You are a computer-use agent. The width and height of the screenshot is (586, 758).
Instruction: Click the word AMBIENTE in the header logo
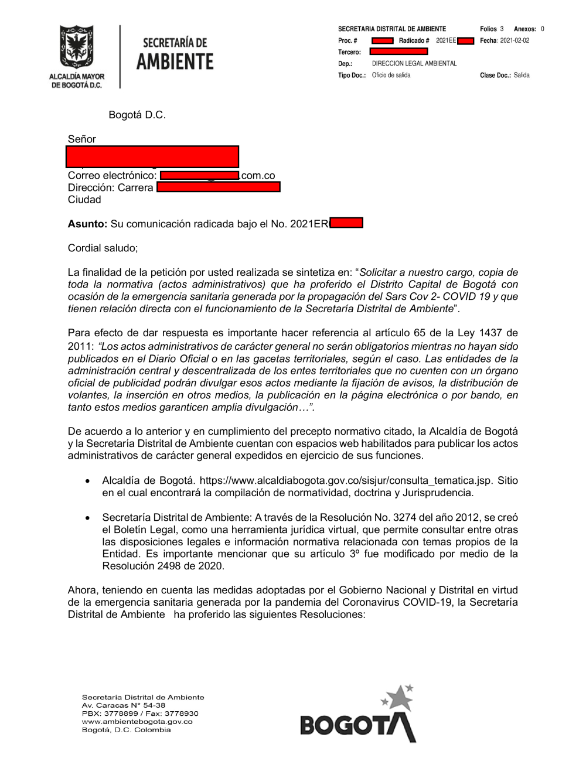[x=175, y=62]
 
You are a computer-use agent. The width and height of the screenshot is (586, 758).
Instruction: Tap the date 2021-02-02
[x=514, y=40]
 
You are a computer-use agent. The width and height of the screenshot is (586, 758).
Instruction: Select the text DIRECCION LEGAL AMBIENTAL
[x=414, y=63]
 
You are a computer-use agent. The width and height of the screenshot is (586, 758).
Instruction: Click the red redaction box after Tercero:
[x=398, y=52]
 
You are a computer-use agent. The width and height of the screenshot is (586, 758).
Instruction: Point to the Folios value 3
[x=502, y=29]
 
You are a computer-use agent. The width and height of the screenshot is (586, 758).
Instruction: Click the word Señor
[x=81, y=139]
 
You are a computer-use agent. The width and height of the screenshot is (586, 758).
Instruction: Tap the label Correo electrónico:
[x=112, y=176]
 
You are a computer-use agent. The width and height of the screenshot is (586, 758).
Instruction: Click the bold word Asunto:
[x=87, y=224]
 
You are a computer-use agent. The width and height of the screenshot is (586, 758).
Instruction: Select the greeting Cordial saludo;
[x=103, y=248]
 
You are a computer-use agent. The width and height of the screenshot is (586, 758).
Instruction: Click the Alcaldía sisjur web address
[x=346, y=480]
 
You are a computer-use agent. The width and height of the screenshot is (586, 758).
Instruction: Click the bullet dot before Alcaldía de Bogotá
[x=88, y=481]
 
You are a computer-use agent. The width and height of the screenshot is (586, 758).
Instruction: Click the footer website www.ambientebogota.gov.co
[x=137, y=722]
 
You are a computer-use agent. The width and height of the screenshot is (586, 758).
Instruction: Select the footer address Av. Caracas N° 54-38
[x=123, y=705]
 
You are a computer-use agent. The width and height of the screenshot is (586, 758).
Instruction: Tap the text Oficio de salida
[x=391, y=75]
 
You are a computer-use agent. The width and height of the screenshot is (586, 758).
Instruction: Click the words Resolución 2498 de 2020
[x=163, y=566]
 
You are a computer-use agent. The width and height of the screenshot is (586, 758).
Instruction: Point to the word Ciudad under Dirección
[x=84, y=200]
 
